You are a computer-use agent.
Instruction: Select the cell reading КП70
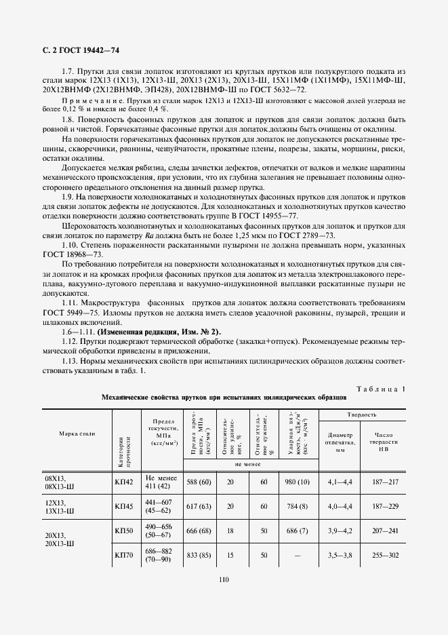pyautogui.click(x=124, y=554)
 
